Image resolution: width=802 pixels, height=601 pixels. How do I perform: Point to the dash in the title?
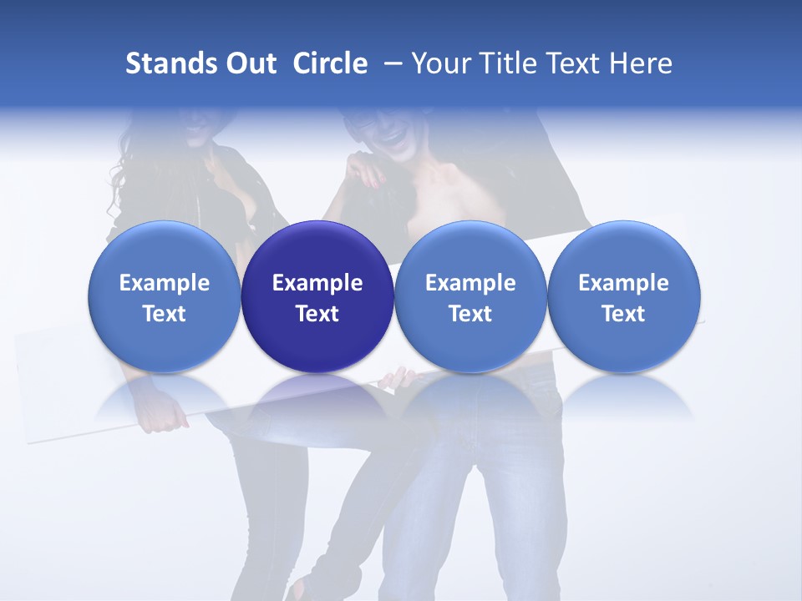click(x=391, y=63)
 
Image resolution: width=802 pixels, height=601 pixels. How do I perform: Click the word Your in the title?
click(x=440, y=63)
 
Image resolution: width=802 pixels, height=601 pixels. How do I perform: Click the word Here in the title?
click(x=639, y=63)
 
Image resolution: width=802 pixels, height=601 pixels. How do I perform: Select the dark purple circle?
click(x=317, y=297)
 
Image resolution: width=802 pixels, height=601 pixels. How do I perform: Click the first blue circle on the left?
click(x=164, y=297)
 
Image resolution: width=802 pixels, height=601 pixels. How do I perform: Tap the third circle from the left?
click(x=470, y=297)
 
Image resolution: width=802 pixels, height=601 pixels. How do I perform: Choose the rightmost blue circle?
click(x=624, y=297)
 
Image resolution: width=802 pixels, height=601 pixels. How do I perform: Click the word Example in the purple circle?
click(x=317, y=283)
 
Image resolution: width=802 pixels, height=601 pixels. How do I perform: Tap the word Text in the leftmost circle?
click(x=164, y=314)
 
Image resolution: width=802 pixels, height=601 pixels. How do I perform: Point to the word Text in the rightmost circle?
click(x=624, y=314)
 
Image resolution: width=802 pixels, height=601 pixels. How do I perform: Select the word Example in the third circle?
click(x=470, y=283)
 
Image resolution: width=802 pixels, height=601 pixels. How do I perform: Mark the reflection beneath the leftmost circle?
click(x=164, y=396)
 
